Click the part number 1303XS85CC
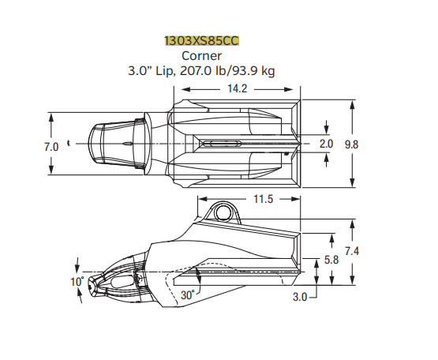[x=201, y=40]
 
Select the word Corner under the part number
[x=201, y=55]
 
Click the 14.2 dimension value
[x=237, y=88]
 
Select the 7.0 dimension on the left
[x=29, y=147]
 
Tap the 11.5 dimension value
[x=263, y=199]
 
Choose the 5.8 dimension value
[x=332, y=260]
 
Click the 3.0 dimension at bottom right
[x=300, y=298]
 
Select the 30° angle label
[x=187, y=294]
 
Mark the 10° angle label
[x=77, y=282]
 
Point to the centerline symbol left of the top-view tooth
[x=69, y=144]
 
